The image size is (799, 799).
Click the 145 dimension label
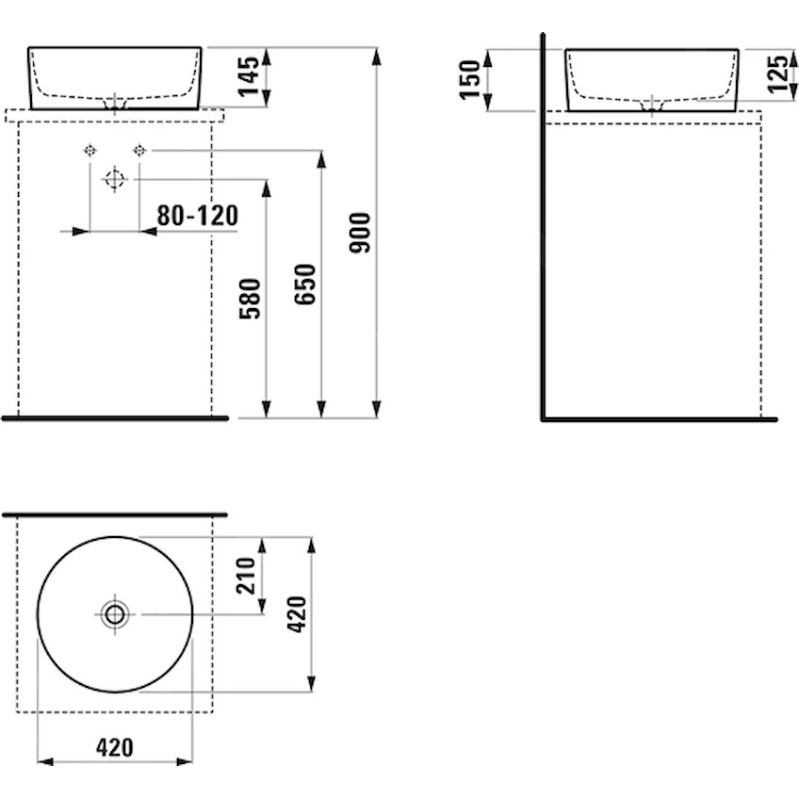(x=249, y=76)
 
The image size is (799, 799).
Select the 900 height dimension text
(x=360, y=233)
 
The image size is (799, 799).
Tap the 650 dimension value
(x=304, y=285)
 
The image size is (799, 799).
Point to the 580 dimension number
(x=250, y=299)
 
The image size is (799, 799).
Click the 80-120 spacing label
(x=197, y=216)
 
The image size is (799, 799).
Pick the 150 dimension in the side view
(x=470, y=80)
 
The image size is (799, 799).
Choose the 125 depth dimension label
(x=777, y=73)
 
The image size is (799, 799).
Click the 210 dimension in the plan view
(x=246, y=576)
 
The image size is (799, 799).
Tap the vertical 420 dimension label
(x=297, y=614)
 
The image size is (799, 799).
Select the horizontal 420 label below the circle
(x=115, y=747)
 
